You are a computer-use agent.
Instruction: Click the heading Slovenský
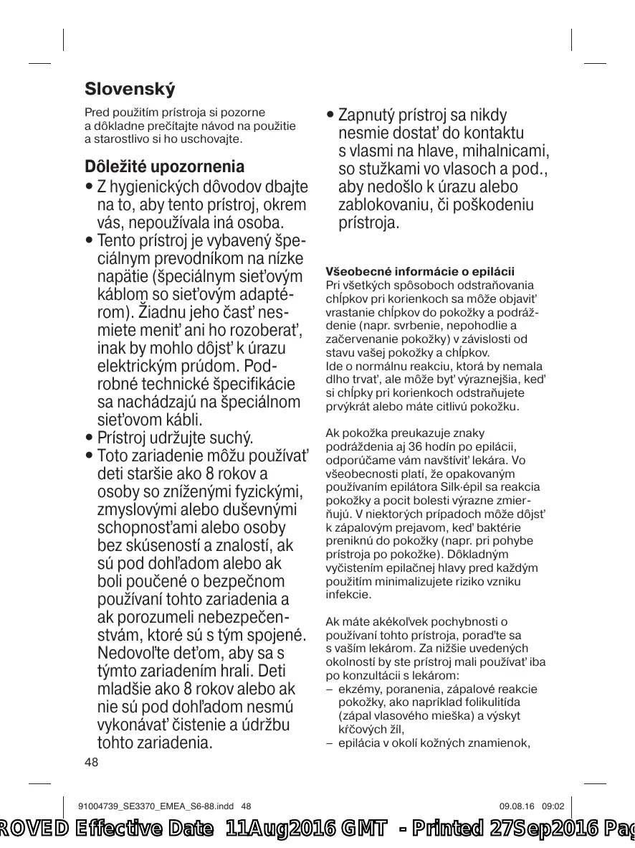pyautogui.click(x=130, y=90)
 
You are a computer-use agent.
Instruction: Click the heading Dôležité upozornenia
pyautogui.click(x=164, y=166)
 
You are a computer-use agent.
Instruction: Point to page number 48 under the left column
pyautogui.click(x=91, y=762)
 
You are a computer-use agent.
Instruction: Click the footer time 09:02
pyautogui.click(x=554, y=806)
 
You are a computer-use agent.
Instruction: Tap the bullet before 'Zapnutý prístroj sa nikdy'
pyautogui.click(x=330, y=116)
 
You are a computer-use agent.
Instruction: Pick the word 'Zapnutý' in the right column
pyautogui.click(x=364, y=116)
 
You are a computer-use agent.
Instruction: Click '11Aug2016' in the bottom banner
pyautogui.click(x=279, y=829)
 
